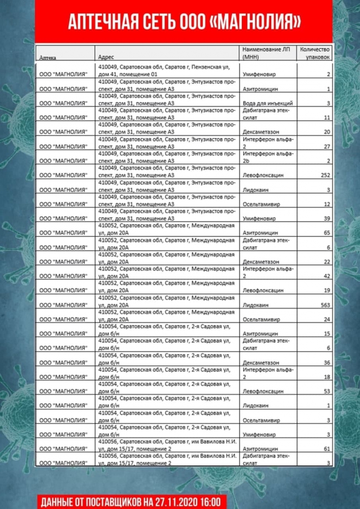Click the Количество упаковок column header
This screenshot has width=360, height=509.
tap(315, 53)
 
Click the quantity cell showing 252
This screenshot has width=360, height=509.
tap(324, 175)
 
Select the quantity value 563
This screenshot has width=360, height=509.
tap(324, 305)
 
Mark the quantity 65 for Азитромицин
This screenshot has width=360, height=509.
tap(326, 232)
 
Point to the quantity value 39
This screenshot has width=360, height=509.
tap(326, 218)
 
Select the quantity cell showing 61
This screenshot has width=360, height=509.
tap(326, 448)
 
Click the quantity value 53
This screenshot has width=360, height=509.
tap(326, 391)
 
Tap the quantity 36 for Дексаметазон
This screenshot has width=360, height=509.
tap(326, 363)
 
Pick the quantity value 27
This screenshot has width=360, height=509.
tap(326, 146)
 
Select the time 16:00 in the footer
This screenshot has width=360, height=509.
tap(212, 501)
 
